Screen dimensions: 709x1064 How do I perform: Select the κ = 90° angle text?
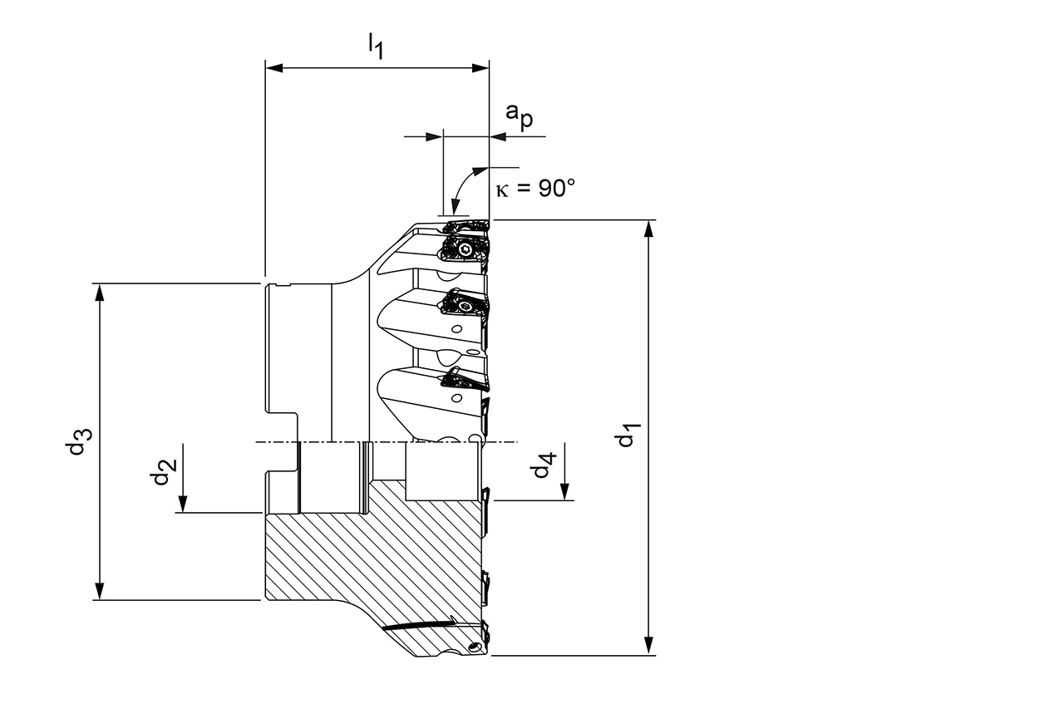point(535,189)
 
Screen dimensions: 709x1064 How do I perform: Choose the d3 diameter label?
point(78,442)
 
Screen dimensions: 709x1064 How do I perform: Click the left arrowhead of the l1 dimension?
point(273,67)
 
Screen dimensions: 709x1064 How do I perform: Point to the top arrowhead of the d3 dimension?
point(100,292)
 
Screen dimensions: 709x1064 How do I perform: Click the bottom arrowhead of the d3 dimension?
point(100,591)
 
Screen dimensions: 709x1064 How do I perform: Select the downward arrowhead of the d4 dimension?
point(566,492)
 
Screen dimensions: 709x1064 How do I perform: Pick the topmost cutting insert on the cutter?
point(464,226)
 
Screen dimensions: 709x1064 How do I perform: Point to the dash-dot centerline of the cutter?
point(382,442)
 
